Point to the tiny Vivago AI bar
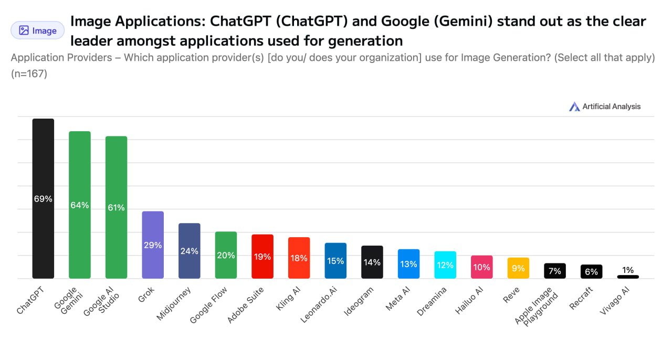pos(628,277)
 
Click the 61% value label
pos(116,207)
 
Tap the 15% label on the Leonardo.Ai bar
pos(335,261)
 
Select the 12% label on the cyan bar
pos(445,265)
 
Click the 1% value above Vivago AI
pos(628,270)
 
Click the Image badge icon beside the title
pos(24,30)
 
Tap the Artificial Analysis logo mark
pos(574,107)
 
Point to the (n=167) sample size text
pos(29,74)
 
